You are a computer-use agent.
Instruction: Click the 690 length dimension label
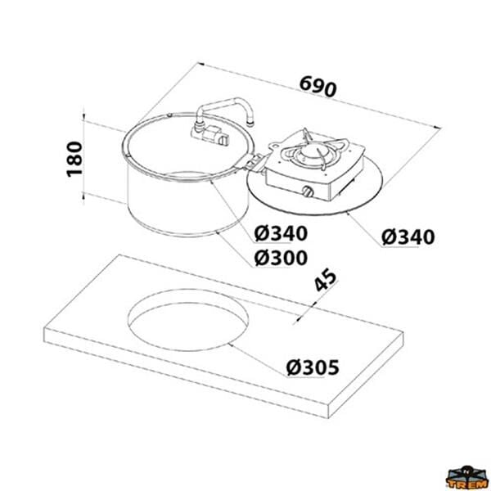318,86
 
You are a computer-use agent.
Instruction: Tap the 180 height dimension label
74,159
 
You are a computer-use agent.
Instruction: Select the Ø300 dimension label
281,258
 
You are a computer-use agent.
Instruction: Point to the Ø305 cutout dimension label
313,367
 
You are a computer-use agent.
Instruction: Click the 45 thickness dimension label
326,280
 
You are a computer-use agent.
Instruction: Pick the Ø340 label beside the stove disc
408,237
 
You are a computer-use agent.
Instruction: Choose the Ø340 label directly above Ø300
281,233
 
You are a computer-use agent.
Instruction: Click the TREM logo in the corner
468,478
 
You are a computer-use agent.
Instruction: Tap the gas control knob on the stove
309,191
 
